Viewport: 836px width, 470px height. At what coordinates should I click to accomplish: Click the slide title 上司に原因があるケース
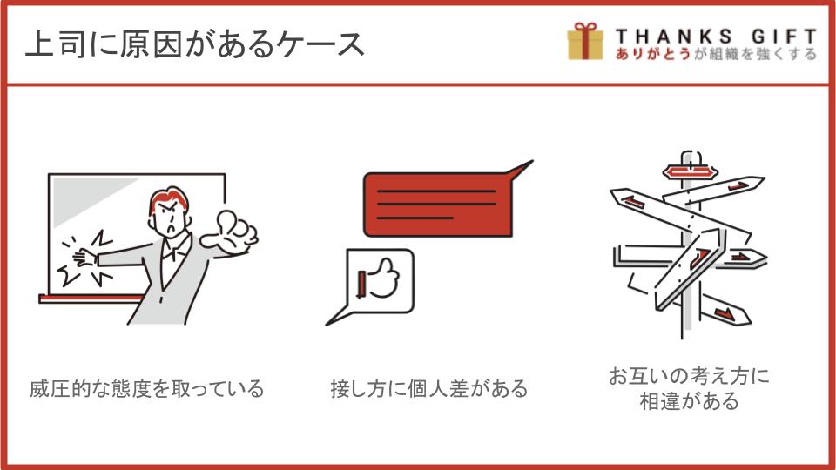195,44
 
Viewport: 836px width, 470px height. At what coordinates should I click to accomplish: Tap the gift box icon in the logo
585,41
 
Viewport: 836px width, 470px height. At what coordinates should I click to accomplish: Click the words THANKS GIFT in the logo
716,37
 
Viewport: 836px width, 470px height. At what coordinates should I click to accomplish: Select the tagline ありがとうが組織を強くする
716,54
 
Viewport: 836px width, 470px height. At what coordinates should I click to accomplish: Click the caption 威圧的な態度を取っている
146,388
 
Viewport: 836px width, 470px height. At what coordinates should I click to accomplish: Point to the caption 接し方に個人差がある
428,388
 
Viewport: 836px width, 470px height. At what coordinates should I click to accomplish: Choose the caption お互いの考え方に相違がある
689,388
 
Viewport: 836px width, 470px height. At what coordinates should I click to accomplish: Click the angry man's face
170,218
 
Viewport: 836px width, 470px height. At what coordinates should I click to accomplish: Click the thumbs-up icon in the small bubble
379,279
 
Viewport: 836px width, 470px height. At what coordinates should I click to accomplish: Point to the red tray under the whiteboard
91,299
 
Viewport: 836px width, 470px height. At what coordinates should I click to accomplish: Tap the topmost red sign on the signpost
690,172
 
